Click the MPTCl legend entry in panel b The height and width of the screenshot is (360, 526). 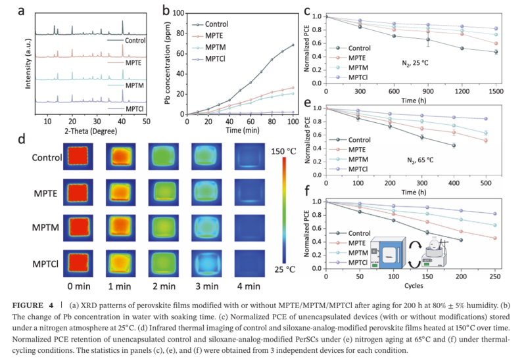(208, 59)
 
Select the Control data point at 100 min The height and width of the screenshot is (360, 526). (293, 45)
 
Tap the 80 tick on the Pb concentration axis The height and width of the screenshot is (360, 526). (180, 34)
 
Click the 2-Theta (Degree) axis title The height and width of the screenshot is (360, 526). (91, 131)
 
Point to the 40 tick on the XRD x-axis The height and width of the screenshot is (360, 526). (122, 122)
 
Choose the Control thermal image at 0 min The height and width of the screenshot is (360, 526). (78, 156)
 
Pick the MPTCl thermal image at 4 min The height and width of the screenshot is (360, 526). (250, 264)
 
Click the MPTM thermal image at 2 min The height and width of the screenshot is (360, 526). (164, 228)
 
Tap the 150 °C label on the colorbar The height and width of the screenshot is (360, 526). (284, 152)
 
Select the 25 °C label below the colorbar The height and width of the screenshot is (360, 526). (285, 269)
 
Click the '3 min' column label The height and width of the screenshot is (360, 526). (207, 286)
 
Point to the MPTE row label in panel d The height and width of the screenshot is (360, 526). (45, 194)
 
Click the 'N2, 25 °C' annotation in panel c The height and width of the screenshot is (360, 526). (415, 63)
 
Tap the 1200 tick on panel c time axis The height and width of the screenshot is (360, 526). (462, 91)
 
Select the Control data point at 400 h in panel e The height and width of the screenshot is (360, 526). (454, 145)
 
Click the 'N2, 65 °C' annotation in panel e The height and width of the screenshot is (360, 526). (420, 160)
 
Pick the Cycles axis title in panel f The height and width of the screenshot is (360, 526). (414, 286)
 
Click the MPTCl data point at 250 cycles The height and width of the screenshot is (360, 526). (495, 214)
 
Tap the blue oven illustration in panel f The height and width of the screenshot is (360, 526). (387, 252)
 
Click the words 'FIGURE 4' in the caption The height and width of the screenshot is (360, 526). (33, 305)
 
